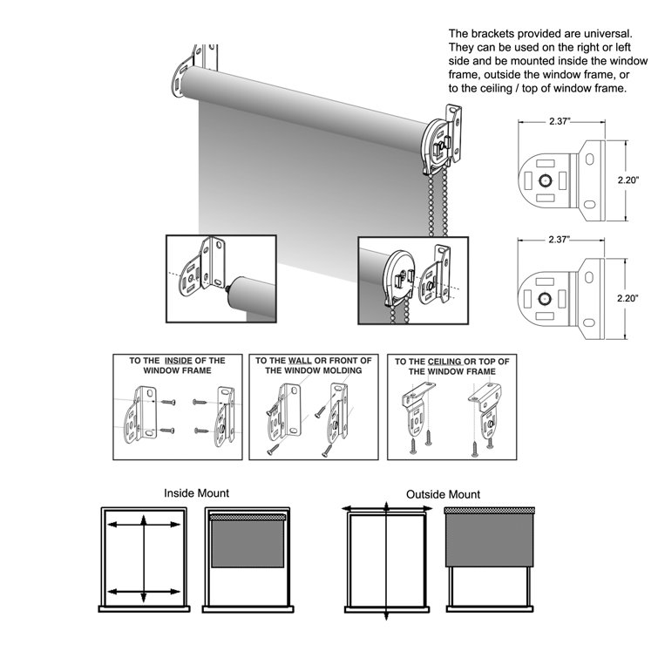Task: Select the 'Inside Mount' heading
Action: click(196, 493)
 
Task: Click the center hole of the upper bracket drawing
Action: click(545, 180)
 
